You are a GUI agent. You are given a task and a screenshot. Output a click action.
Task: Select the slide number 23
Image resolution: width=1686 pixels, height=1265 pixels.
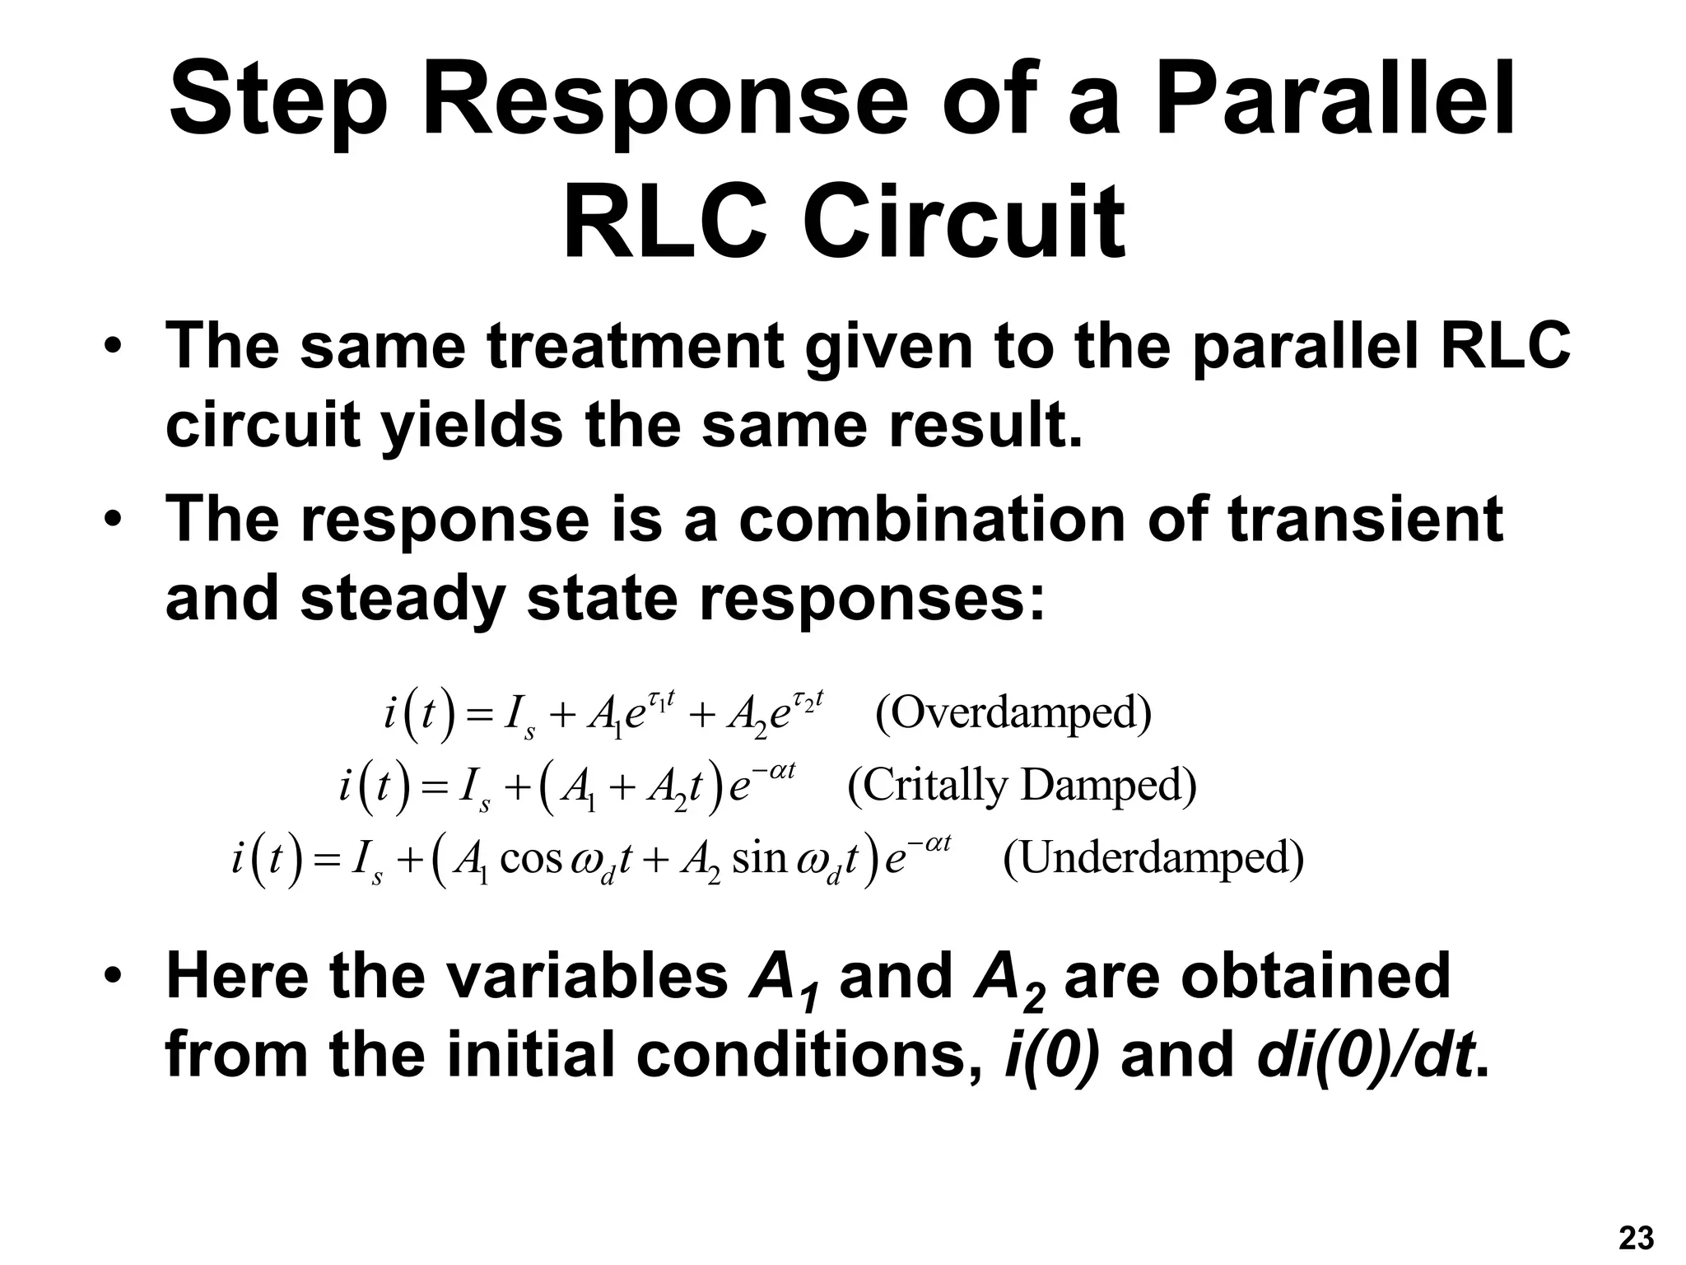1636,1238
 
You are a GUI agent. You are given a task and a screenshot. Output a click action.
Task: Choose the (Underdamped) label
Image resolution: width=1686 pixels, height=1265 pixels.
1153,858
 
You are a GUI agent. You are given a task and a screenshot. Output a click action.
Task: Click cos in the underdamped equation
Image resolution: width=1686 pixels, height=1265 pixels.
530,859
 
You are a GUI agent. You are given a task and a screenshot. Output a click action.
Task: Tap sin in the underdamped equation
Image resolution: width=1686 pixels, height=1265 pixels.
759,859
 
